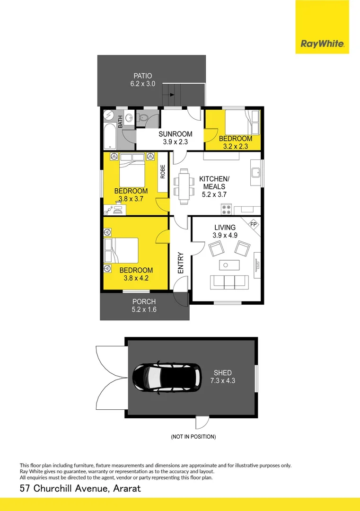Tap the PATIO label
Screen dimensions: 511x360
(142, 76)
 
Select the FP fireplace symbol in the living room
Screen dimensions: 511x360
(254, 224)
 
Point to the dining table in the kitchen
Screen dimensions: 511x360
(184, 185)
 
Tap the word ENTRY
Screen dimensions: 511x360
(181, 263)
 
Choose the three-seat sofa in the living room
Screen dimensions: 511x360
(229, 282)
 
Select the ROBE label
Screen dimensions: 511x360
(163, 171)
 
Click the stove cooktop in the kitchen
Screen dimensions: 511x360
(226, 208)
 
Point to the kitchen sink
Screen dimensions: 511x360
(255, 173)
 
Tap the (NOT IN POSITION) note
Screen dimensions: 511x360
(193, 437)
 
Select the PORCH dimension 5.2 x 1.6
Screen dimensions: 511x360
(144, 310)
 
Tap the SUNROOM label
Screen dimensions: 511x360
(175, 134)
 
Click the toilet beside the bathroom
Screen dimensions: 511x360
(143, 119)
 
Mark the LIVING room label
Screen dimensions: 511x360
(224, 227)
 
